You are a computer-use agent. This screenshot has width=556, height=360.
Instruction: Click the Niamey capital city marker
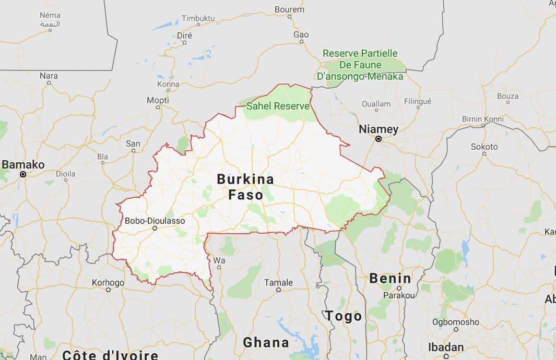[378, 139]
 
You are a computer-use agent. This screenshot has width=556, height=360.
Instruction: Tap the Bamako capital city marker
[22, 174]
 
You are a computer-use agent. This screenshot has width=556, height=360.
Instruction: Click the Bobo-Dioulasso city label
[155, 221]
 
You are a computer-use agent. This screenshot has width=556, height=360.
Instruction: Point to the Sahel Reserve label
[278, 106]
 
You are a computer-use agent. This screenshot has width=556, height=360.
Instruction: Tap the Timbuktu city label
[198, 18]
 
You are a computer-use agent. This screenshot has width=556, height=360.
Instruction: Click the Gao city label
[301, 34]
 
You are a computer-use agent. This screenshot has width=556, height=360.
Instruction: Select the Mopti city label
[158, 100]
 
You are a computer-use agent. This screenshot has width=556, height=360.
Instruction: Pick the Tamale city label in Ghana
[278, 282]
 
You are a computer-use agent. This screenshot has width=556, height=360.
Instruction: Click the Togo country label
[344, 316]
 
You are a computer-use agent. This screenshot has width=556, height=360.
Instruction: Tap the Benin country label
[390, 278]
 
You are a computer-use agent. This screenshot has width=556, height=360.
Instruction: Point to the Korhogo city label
[108, 283]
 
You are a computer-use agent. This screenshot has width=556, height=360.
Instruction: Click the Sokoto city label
[484, 147]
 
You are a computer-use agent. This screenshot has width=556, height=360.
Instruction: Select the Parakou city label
[399, 295]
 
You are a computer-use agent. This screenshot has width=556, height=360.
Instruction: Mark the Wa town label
[219, 260]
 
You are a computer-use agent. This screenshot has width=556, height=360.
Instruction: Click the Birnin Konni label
[482, 119]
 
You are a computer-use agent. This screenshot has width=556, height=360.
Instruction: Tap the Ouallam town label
[376, 104]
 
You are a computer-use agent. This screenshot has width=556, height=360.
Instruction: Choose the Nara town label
[49, 76]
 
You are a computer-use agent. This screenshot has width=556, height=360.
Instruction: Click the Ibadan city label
[445, 347]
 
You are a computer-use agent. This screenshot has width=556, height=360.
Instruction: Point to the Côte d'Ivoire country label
[110, 355]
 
